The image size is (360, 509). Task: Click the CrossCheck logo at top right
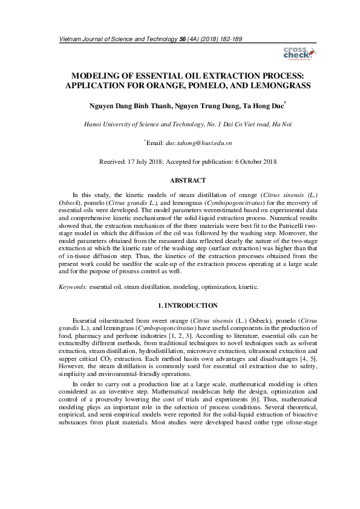coord(296,54)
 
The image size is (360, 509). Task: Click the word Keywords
coord(71,287)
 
